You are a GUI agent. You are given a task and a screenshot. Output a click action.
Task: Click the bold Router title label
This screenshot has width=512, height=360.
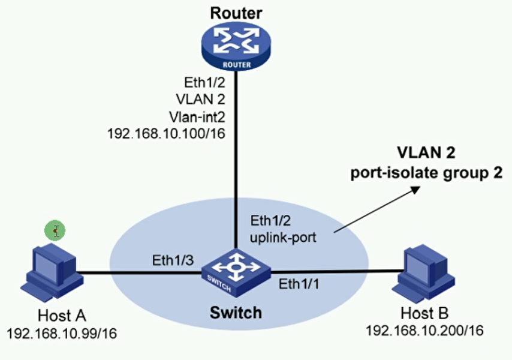pyautogui.click(x=233, y=10)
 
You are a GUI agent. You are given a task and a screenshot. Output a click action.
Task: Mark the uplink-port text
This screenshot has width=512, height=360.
pyautogui.click(x=282, y=236)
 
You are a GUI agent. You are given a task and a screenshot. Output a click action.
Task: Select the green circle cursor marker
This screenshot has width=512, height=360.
pyautogui.click(x=55, y=230)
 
